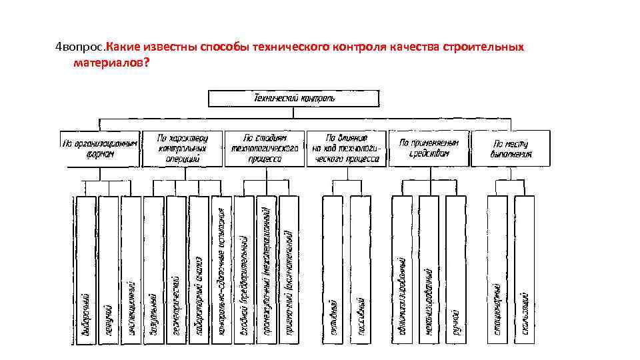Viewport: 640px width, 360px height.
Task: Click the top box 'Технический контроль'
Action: point(294,99)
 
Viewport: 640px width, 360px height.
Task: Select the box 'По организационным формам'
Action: point(101,148)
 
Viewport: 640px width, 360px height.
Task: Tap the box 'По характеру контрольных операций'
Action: point(182,148)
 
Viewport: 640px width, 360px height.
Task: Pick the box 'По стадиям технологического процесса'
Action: point(265,148)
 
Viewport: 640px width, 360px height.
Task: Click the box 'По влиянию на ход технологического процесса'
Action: point(346,148)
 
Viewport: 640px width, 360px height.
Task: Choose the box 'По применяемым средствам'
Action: point(429,148)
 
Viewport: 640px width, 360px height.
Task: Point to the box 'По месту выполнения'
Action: point(511,148)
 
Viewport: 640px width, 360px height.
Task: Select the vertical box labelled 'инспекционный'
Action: point(132,270)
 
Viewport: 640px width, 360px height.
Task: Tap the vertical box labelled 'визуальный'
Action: point(154,270)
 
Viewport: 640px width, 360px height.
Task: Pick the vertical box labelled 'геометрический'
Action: point(177,270)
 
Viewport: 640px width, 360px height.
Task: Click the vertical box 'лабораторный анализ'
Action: point(199,270)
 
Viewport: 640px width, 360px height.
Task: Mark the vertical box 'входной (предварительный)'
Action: point(245,270)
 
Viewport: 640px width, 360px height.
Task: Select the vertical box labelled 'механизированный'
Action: point(430,270)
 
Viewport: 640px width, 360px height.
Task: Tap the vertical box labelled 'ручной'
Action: point(455,270)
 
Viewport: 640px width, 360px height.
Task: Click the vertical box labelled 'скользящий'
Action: point(525,270)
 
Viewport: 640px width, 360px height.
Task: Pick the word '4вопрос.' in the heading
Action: point(80,48)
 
